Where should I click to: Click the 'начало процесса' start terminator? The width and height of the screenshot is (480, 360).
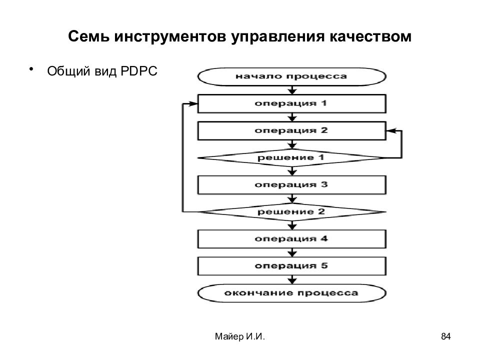pos(291,76)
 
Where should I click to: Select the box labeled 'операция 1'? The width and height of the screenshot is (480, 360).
pos(291,104)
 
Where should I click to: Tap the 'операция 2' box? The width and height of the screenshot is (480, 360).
pos(291,130)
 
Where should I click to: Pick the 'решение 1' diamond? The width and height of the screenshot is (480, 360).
pos(291,158)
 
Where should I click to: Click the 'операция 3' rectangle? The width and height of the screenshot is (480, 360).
pos(291,185)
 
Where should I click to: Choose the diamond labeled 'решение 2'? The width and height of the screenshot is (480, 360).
pos(291,212)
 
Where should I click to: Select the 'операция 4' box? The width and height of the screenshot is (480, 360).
pos(291,239)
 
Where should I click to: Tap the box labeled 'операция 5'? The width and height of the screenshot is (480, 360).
pos(291,266)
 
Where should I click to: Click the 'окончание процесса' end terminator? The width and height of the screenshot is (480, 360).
pos(291,293)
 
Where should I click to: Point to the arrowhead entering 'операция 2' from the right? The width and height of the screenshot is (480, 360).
pos(390,131)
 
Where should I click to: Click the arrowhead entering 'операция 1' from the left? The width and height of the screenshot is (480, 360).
pos(193,104)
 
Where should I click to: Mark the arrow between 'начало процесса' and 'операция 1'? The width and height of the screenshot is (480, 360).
pos(292,90)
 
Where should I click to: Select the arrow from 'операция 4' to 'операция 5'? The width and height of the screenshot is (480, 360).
pos(292,252)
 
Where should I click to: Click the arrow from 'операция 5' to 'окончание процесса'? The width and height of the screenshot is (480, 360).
pos(292,280)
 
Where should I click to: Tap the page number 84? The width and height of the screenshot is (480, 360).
pos(445,336)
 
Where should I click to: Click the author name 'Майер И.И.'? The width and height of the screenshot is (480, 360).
pos(240,336)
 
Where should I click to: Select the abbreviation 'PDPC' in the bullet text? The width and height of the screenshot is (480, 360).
pos(139,71)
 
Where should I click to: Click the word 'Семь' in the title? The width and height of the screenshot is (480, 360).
pos(88,36)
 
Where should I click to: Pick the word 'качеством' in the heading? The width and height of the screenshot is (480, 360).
pos(370,36)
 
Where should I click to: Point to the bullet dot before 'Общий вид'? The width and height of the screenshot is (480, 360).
pos(31,69)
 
